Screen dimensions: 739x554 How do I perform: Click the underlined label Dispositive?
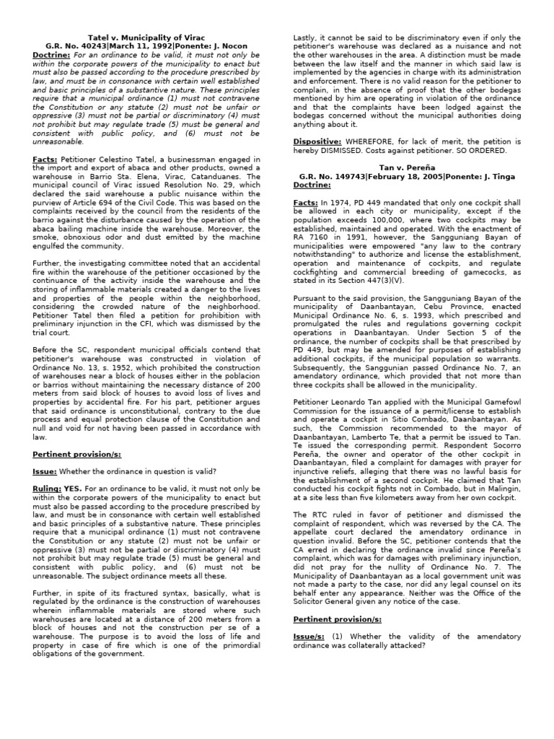point(317,141)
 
